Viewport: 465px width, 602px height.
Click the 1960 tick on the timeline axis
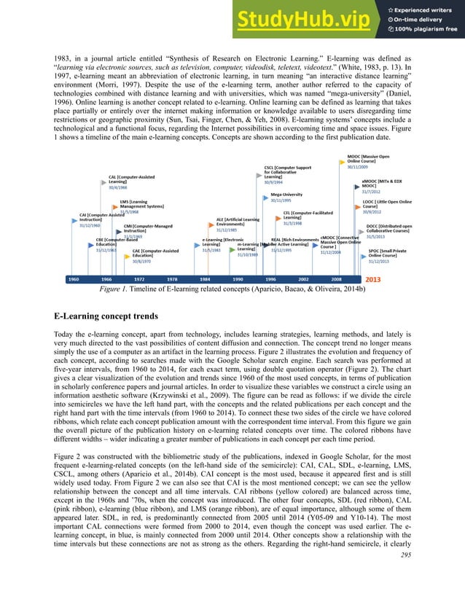click(74, 279)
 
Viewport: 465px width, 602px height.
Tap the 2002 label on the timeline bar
click(303, 279)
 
